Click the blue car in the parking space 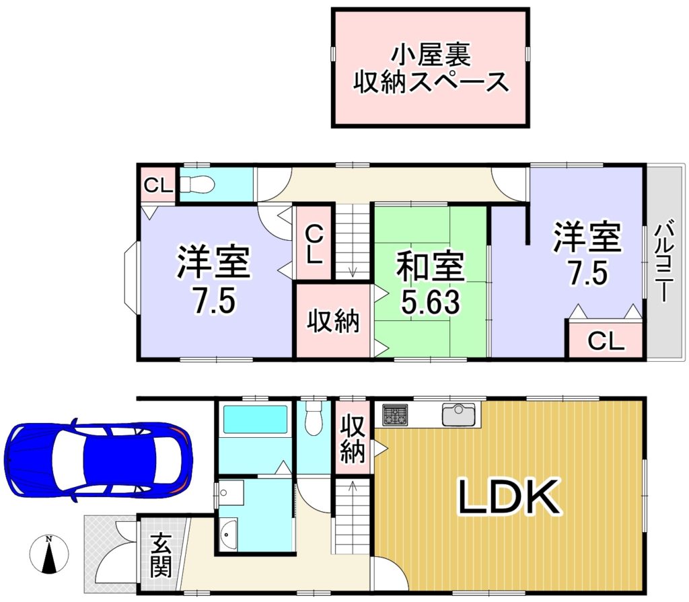[x=98, y=460]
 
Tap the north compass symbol [x=48, y=554]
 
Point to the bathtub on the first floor [x=255, y=419]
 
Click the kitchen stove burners [x=394, y=415]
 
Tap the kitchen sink [x=459, y=414]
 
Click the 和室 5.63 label [x=431, y=283]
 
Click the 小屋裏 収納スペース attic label [x=431, y=68]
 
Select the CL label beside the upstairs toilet [x=158, y=186]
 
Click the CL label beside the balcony [x=606, y=340]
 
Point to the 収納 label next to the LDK [x=353, y=439]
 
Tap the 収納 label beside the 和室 [x=332, y=322]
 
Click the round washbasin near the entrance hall [x=228, y=534]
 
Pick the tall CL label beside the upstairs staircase [x=314, y=244]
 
